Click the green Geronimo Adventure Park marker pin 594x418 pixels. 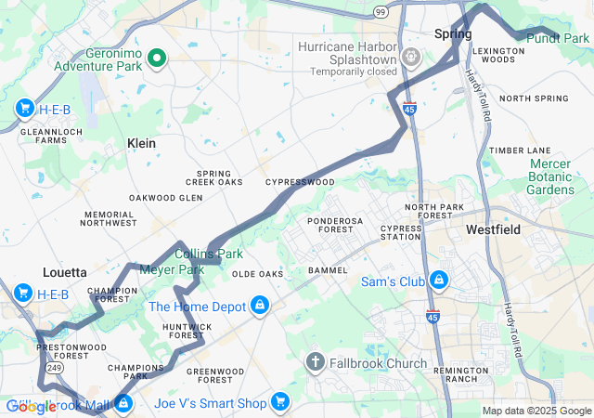(x=157, y=58)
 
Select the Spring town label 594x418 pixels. (x=453, y=34)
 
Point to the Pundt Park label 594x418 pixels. (x=558, y=38)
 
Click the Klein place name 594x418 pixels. (x=141, y=143)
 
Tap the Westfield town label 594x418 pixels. (x=493, y=229)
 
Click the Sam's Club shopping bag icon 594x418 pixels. (x=439, y=280)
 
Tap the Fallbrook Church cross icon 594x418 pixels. (x=316, y=362)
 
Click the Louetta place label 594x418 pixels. (x=64, y=273)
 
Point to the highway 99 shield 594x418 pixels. (x=381, y=10)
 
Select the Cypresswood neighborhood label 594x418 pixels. (x=299, y=183)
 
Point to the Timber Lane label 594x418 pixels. (x=520, y=150)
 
